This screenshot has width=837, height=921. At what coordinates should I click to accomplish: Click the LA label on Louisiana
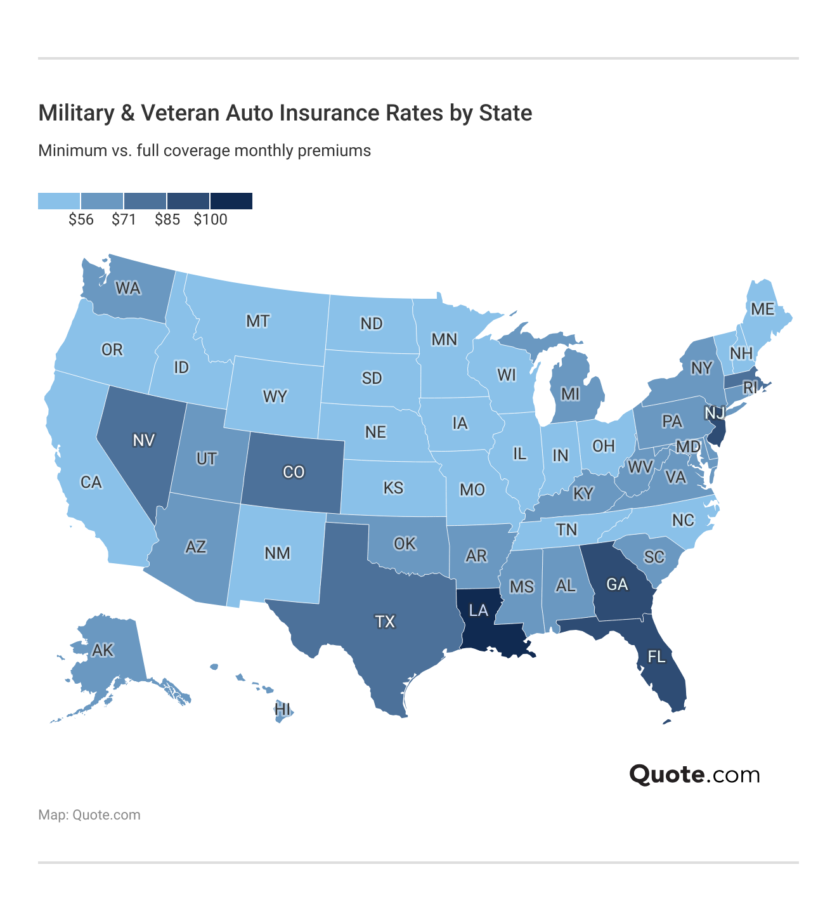pyautogui.click(x=478, y=610)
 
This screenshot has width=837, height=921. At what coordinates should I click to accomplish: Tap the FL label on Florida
pyautogui.click(x=656, y=656)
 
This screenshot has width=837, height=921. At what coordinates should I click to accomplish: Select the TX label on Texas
pyautogui.click(x=385, y=621)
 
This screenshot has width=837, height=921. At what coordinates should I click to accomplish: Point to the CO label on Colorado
pyautogui.click(x=294, y=472)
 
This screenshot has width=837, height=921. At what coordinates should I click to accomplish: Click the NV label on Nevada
pyautogui.click(x=144, y=440)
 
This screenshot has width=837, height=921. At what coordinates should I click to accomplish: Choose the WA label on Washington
pyautogui.click(x=127, y=289)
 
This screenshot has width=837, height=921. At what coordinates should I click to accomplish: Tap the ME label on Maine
pyautogui.click(x=762, y=309)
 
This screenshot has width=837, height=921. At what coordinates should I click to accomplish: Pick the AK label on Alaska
pyautogui.click(x=103, y=650)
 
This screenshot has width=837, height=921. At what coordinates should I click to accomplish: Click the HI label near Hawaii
pyautogui.click(x=283, y=709)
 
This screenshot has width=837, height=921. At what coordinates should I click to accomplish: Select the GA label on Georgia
pyautogui.click(x=617, y=584)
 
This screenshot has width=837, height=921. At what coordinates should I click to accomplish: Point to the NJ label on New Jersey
pyautogui.click(x=715, y=413)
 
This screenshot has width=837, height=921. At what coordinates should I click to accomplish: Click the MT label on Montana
pyautogui.click(x=257, y=321)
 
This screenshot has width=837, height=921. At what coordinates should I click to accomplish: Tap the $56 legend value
pyautogui.click(x=81, y=220)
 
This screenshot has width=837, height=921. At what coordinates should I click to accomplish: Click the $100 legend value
pyautogui.click(x=211, y=220)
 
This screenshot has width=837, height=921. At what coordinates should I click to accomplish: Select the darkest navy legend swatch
pyautogui.click(x=231, y=201)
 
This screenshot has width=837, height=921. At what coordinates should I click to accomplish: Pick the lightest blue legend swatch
pyautogui.click(x=59, y=201)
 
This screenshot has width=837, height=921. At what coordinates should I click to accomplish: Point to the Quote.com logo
pyautogui.click(x=694, y=774)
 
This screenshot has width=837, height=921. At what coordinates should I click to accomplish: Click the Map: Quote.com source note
pyautogui.click(x=89, y=815)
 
